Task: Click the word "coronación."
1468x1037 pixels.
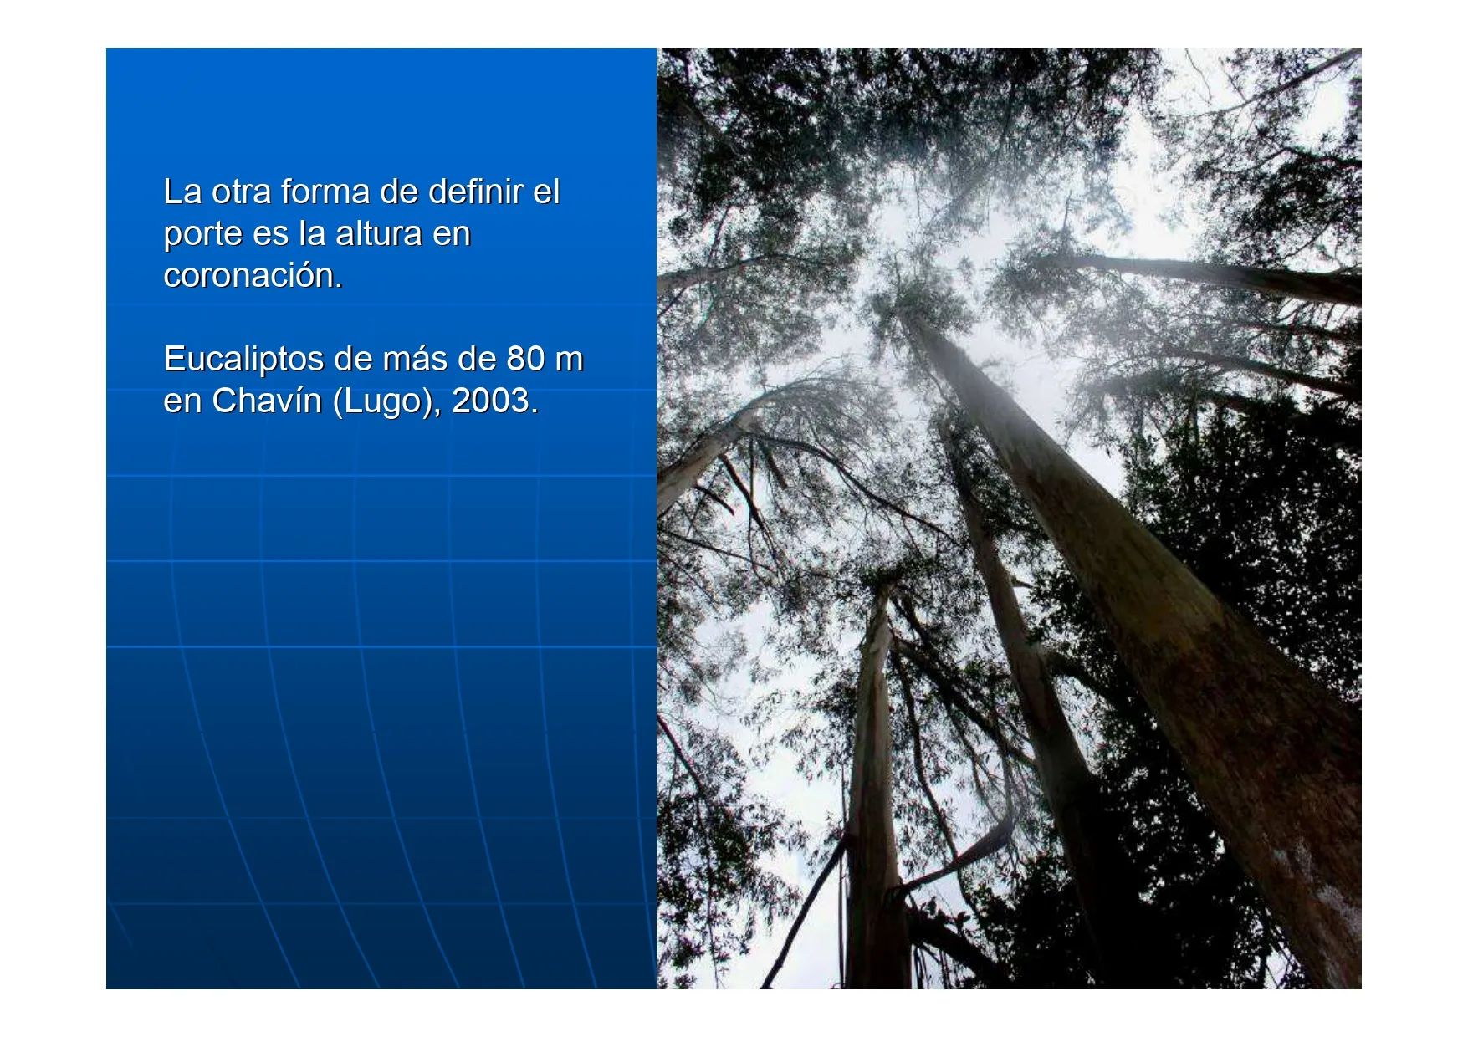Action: [253, 275]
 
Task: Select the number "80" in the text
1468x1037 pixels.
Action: [525, 359]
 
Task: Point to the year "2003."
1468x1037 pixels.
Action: [495, 401]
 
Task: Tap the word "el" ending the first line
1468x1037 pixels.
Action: [546, 192]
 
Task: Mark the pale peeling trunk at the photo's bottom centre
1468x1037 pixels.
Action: [874, 786]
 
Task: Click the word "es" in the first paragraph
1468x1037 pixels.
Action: [270, 235]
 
